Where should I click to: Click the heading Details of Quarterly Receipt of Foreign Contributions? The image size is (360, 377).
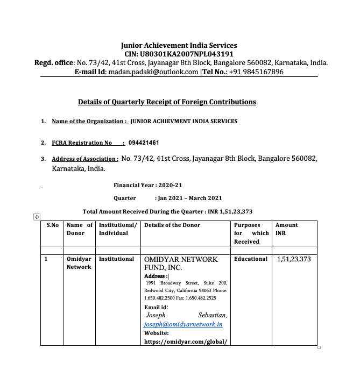click(167, 102)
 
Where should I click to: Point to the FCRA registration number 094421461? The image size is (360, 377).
click(144, 143)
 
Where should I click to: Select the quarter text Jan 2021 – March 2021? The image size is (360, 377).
click(188, 198)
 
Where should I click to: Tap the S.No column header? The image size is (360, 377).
click(52, 225)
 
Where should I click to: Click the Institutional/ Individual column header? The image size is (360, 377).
click(118, 229)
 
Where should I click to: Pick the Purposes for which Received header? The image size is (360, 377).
click(251, 233)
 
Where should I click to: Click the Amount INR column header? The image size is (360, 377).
click(286, 229)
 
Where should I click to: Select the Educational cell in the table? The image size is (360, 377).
click(251, 259)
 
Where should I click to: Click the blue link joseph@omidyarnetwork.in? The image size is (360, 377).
click(183, 325)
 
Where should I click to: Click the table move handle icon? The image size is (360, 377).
click(37, 217)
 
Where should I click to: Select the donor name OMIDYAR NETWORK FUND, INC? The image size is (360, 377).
click(181, 263)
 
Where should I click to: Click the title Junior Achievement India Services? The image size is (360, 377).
click(179, 46)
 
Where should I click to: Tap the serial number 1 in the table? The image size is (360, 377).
click(46, 259)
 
